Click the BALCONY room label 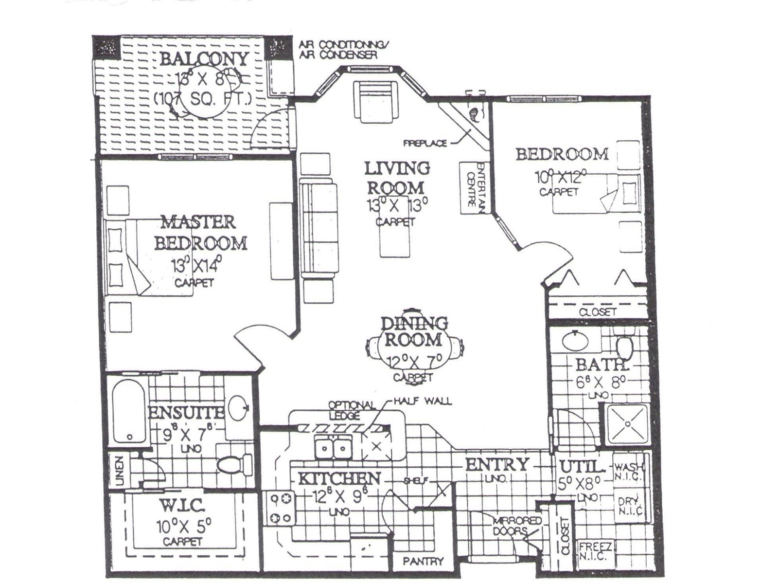click(204, 59)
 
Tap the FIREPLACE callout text click(424, 144)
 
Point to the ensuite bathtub click(128, 411)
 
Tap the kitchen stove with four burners click(281, 509)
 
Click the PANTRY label click(423, 561)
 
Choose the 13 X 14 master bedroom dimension click(196, 266)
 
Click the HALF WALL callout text click(423, 401)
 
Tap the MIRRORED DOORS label click(517, 526)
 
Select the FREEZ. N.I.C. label click(597, 551)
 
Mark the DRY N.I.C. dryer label click(630, 506)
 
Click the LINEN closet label click(119, 471)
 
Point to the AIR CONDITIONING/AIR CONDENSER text click(344, 50)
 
